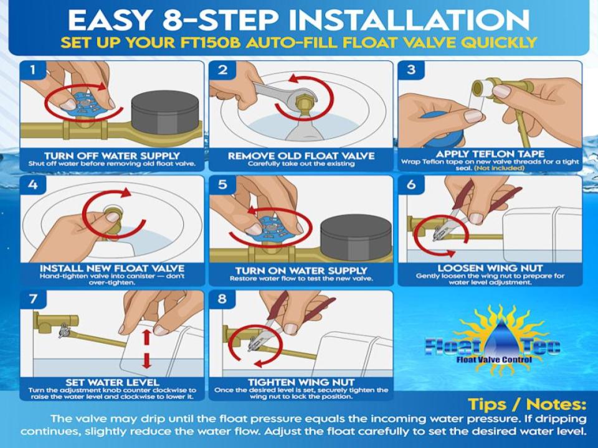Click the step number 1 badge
point(33,70)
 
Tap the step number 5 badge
point(222,184)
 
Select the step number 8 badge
point(222,299)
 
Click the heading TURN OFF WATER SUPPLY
point(112,156)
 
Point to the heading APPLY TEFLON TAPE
point(490,154)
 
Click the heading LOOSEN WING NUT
point(490,268)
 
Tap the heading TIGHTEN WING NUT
point(301,383)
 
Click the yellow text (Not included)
point(500,168)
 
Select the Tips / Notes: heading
point(527,404)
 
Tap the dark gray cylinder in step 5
point(356,236)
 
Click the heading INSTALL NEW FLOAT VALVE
point(112,268)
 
